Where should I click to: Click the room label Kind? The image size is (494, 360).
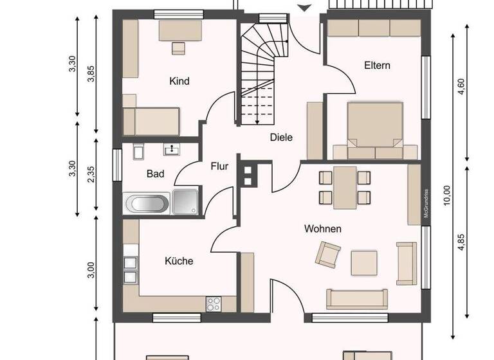point(179,82)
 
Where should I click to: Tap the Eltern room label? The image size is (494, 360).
point(377,66)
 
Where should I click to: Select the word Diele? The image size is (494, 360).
point(281,137)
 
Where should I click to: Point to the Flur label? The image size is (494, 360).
point(219,166)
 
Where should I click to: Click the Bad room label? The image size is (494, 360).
point(155,174)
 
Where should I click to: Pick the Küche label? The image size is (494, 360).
point(179,261)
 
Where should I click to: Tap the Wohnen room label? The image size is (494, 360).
point(323,229)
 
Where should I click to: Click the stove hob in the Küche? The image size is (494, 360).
point(214,302)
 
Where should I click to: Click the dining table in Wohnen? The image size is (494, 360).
point(345,186)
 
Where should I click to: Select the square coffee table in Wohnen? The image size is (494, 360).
point(364,262)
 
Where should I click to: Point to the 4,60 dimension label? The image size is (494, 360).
point(461,87)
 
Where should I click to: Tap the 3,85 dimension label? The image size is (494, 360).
point(91,74)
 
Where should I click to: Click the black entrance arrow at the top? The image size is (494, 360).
point(306,6)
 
